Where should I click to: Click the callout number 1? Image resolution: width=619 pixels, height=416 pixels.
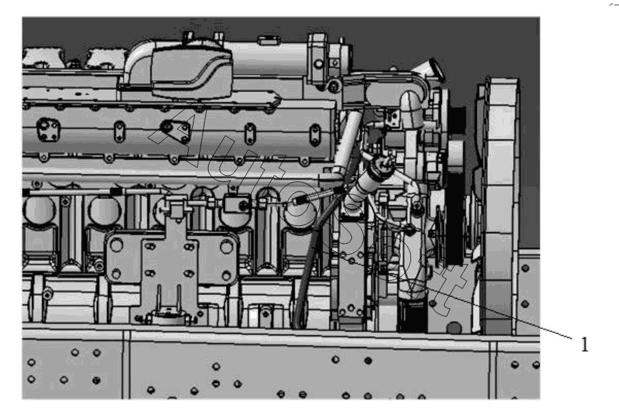[x=585, y=345]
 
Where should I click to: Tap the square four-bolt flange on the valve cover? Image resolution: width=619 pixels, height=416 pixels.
[x=48, y=130]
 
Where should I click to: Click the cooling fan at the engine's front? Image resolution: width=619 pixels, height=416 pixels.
[x=500, y=205]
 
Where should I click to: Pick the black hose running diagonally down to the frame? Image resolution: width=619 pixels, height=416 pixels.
[x=312, y=257]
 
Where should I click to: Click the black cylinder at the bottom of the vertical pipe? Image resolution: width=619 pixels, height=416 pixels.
[x=412, y=315]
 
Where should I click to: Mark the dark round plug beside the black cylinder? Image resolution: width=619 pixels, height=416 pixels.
[x=454, y=327]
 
